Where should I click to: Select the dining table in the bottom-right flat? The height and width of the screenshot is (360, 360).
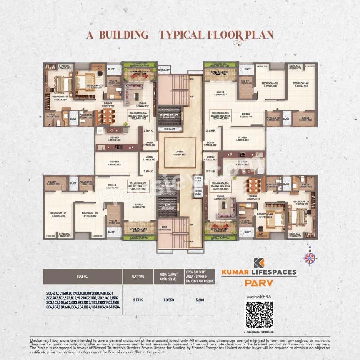click(x=253, y=184)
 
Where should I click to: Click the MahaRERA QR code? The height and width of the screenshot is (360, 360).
click(x=259, y=315)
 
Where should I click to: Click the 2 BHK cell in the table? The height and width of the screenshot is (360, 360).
click(x=138, y=300)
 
